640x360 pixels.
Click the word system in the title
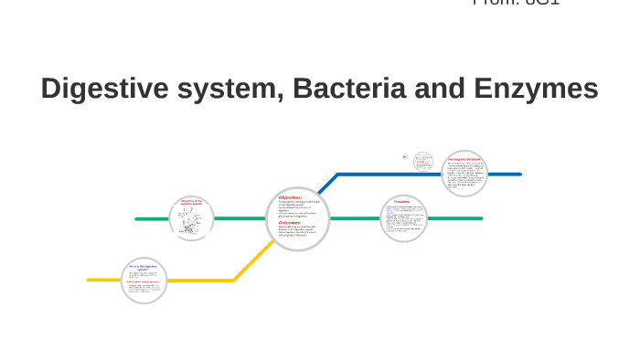click(x=219, y=90)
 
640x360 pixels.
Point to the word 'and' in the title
click(x=443, y=90)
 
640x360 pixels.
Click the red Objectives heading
click(x=290, y=196)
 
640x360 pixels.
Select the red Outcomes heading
click(x=290, y=222)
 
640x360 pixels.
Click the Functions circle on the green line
click(x=403, y=218)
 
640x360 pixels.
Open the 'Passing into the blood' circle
click(x=464, y=174)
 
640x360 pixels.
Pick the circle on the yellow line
click(x=144, y=281)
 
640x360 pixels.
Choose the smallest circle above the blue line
click(x=422, y=162)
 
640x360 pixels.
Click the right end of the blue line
click(x=519, y=174)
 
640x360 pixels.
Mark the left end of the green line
click(x=137, y=219)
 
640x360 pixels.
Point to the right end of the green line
click(x=481, y=218)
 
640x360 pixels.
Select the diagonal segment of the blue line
click(x=324, y=186)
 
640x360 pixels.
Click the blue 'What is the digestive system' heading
click(x=143, y=269)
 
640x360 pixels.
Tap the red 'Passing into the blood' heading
click(x=464, y=159)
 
